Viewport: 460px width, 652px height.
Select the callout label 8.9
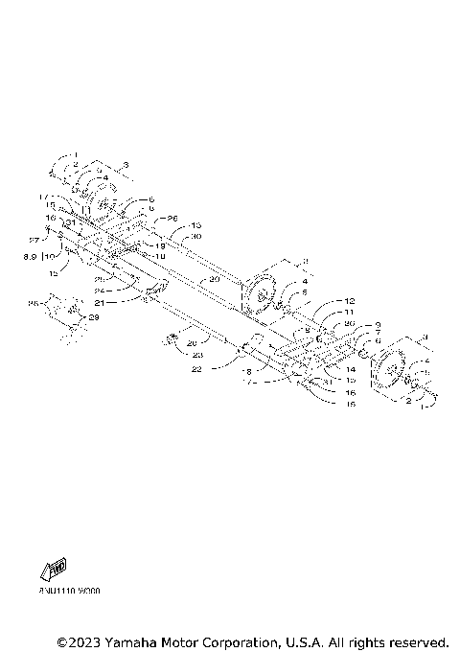point(31,257)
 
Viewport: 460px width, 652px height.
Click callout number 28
point(34,303)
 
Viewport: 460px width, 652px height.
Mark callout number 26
point(172,219)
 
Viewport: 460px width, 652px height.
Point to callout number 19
point(161,246)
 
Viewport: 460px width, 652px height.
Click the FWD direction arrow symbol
point(52,570)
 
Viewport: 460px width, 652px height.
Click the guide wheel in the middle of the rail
point(259,294)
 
